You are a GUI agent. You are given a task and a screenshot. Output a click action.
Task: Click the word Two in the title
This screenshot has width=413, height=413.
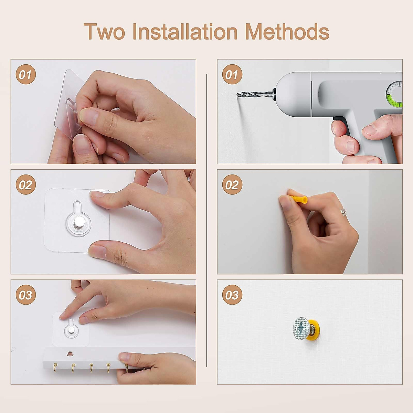[104, 32]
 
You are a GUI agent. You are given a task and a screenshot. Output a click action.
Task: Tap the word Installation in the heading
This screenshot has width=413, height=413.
[185, 32]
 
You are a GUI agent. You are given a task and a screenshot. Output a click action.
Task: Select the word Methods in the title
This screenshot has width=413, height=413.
[287, 32]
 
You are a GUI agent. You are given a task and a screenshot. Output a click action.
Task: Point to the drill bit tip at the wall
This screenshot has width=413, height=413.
[238, 94]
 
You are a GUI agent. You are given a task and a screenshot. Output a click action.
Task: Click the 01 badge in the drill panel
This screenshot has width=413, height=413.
[232, 74]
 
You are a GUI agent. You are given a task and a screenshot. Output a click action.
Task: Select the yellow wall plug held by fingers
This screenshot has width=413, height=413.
[298, 199]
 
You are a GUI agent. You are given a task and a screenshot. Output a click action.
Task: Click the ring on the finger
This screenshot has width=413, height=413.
[343, 212]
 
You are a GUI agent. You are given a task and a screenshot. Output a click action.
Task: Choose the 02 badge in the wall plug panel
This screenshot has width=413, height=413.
[232, 184]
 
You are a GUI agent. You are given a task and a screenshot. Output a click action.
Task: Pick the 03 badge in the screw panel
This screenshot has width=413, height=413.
[232, 295]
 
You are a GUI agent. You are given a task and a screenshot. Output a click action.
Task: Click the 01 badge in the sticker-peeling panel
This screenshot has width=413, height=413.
[26, 74]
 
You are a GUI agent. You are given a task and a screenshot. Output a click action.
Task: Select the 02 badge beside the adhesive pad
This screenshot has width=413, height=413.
[26, 184]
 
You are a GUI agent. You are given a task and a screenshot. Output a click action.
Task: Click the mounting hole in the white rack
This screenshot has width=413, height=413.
[70, 353]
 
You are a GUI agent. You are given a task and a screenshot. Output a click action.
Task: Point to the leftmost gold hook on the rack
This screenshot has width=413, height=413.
[55, 368]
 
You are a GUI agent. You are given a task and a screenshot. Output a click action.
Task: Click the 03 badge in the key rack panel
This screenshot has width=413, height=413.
[26, 295]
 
